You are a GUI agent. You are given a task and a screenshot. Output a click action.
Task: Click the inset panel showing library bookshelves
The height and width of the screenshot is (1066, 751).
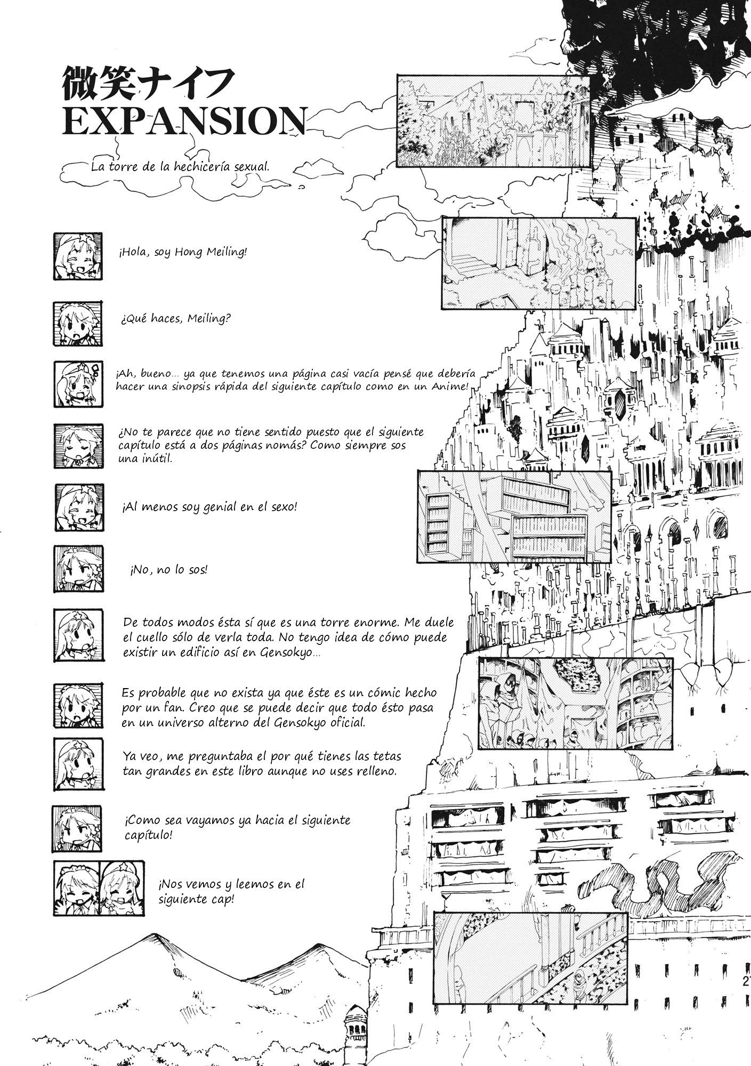pos(514,516)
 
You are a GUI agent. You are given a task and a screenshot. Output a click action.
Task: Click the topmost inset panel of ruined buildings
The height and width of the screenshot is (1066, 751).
pos(493,120)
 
